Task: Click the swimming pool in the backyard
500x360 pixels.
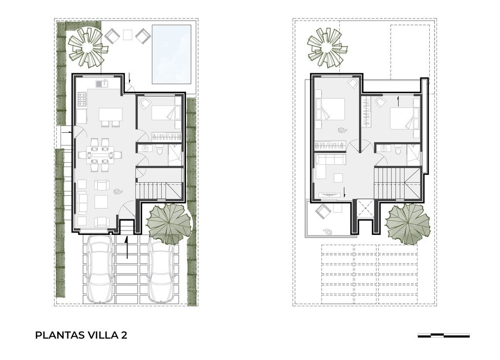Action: (x=171, y=54)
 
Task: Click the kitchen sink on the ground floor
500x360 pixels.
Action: (x=102, y=84)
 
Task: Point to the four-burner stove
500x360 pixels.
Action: (x=82, y=99)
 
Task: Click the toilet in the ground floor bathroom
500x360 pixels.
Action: (x=160, y=150)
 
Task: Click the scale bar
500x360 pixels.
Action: (x=443, y=336)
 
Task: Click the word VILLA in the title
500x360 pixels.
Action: (x=103, y=336)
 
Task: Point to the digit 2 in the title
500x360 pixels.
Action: (x=124, y=336)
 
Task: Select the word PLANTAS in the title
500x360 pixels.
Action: (x=60, y=336)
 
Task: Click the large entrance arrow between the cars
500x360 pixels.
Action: (x=127, y=248)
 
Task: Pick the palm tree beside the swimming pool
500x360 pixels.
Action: (x=87, y=47)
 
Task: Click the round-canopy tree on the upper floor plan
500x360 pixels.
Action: (x=408, y=224)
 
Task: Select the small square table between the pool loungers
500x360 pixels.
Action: (x=127, y=35)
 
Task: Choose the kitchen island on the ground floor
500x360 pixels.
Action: (x=111, y=115)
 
